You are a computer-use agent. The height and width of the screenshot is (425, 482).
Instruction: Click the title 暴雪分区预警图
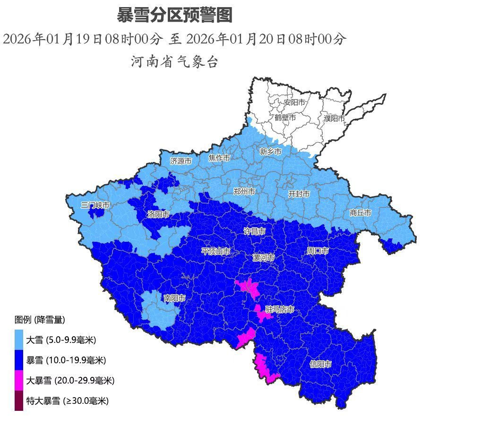(x=174, y=16)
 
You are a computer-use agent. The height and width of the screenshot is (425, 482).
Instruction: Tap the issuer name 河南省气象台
(x=174, y=61)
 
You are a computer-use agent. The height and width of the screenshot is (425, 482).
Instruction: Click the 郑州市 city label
(x=244, y=191)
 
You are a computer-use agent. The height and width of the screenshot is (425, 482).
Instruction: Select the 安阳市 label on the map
(x=294, y=102)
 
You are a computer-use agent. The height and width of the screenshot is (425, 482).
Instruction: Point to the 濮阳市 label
(x=334, y=118)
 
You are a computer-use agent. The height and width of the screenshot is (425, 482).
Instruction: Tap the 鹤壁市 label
(x=285, y=117)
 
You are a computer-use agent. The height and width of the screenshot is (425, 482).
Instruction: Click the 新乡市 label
(x=270, y=151)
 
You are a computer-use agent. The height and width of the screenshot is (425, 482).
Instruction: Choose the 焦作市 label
(x=219, y=158)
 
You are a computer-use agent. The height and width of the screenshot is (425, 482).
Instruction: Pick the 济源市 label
(x=181, y=161)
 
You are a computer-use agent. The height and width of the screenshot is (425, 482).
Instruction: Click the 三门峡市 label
(x=95, y=205)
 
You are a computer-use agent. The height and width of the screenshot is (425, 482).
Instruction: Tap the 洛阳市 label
(x=158, y=214)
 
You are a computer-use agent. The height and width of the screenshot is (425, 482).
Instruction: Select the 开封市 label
(x=299, y=194)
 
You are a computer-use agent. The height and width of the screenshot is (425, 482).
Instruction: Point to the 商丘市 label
(x=360, y=212)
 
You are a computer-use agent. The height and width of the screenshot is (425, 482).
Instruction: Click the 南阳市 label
(x=174, y=298)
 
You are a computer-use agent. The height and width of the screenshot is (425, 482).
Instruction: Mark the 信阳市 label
(x=320, y=364)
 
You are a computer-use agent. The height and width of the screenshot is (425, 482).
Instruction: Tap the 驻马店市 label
(x=279, y=309)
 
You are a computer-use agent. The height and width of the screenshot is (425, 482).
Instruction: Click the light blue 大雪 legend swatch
(x=19, y=340)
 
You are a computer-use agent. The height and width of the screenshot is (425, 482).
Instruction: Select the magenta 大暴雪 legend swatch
(x=19, y=380)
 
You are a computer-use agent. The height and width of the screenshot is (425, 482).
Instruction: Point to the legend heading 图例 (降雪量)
(x=40, y=320)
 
